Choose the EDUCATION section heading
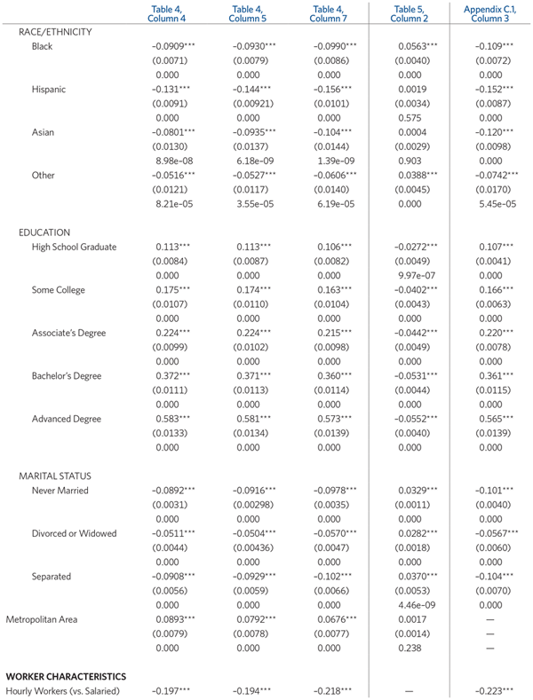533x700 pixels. point(44,232)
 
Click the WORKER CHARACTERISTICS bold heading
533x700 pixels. point(66,676)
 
